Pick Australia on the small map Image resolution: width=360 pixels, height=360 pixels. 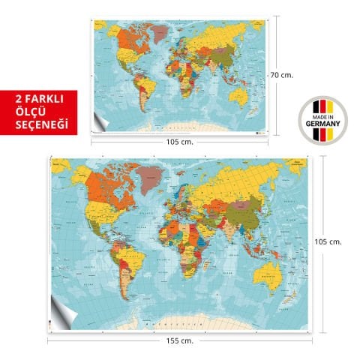[238, 95]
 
